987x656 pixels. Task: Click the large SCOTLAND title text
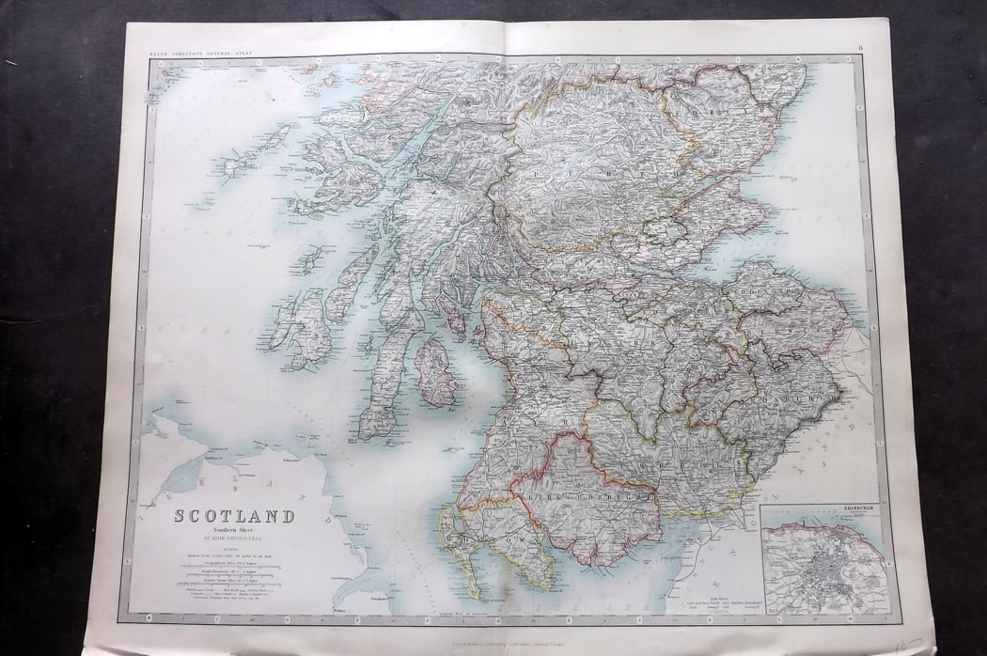pyautogui.click(x=233, y=516)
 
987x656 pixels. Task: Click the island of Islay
pyautogui.click(x=305, y=325)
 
